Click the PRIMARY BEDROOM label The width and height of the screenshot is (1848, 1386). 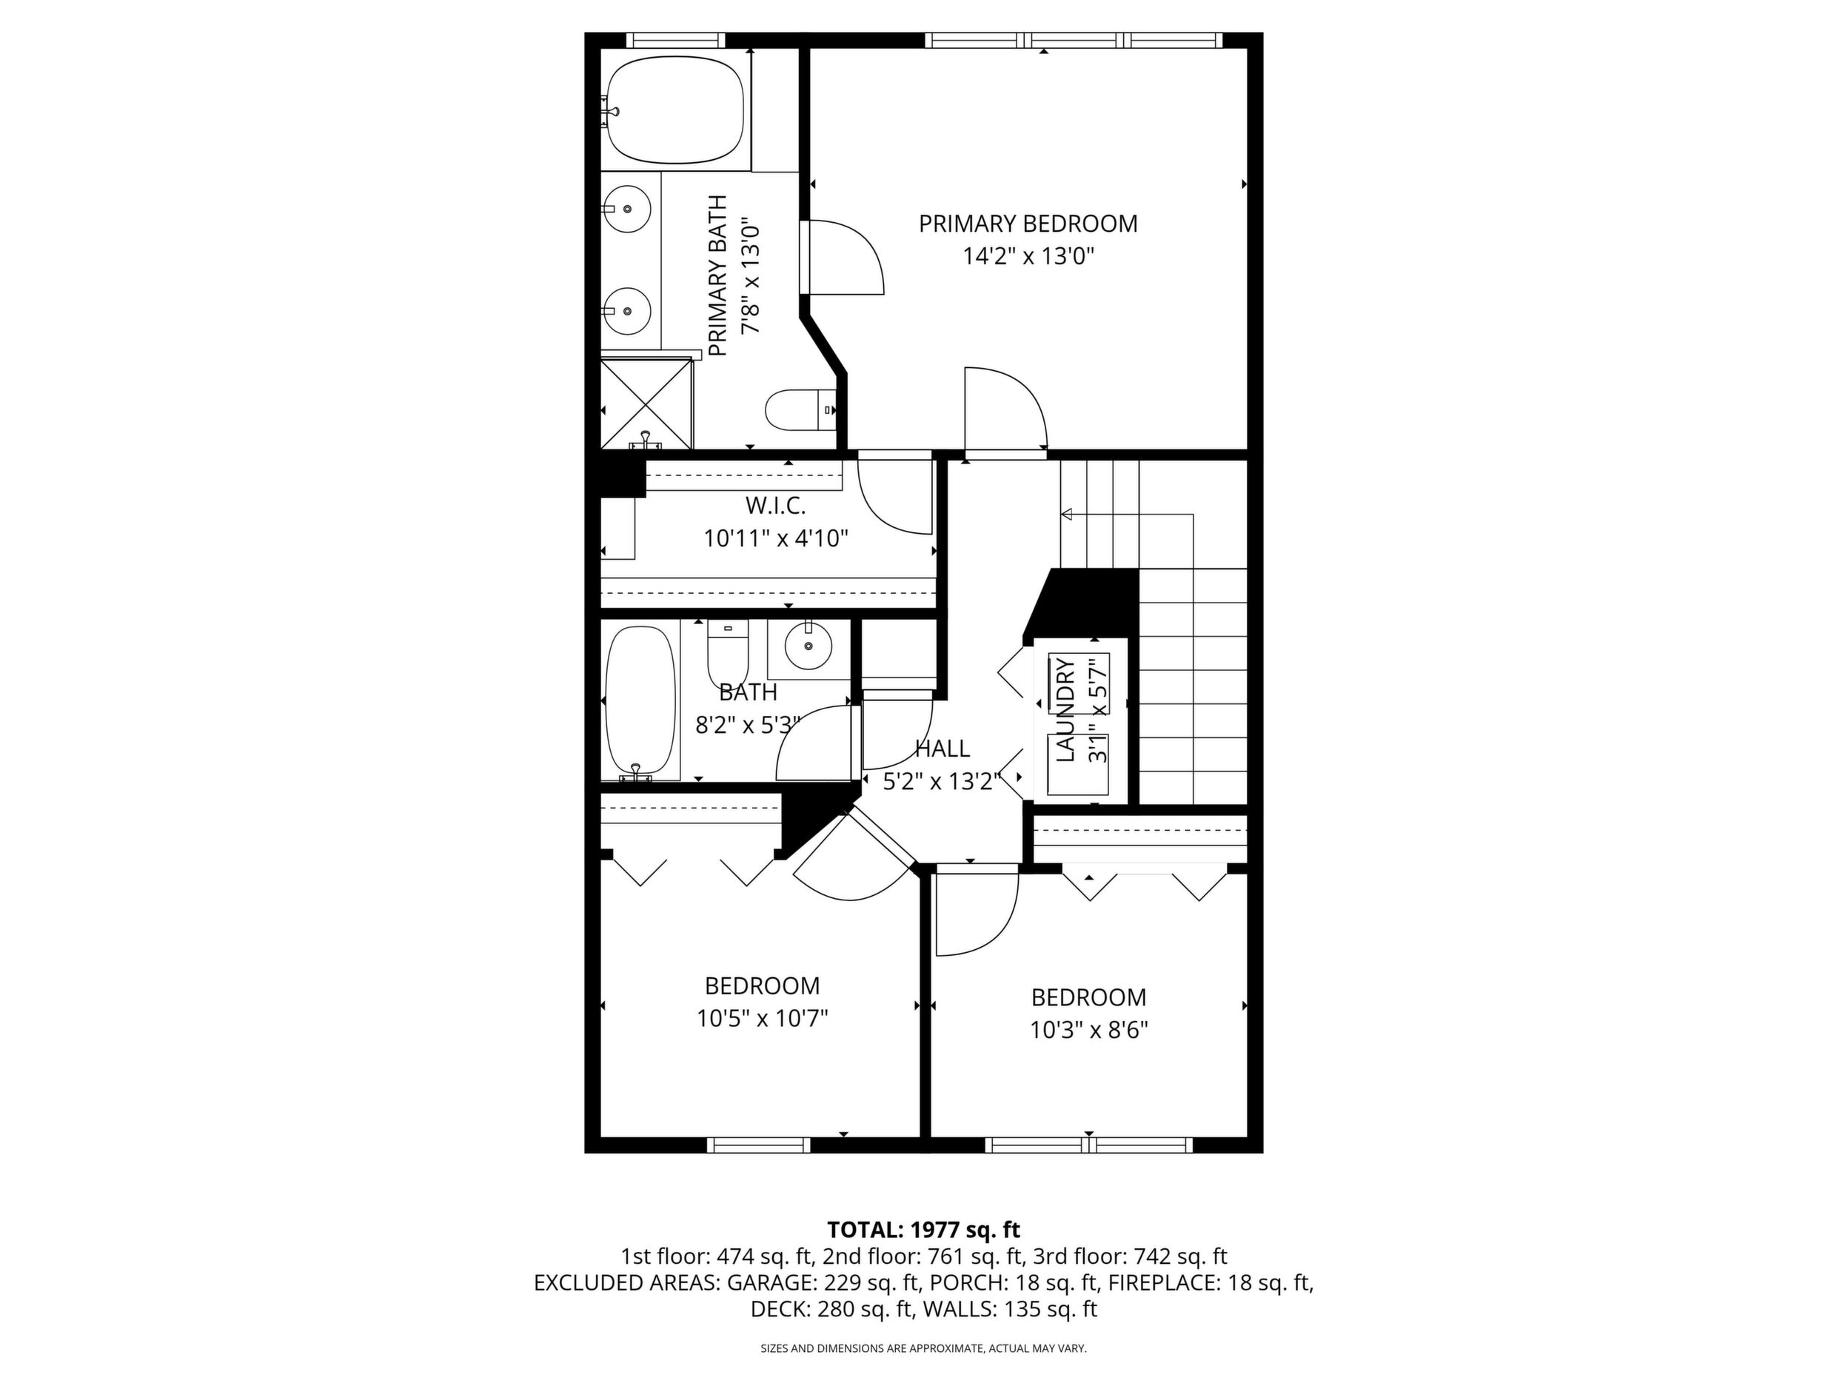[1028, 224]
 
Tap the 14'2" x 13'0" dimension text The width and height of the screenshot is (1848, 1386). [1028, 255]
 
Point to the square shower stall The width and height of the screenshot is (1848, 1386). [646, 404]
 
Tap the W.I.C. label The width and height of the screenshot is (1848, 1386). [775, 506]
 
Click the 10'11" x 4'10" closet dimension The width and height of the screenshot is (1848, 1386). [776, 538]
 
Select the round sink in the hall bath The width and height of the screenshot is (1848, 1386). [808, 646]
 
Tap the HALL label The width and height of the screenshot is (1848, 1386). [943, 749]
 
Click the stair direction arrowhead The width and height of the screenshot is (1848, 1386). [1066, 515]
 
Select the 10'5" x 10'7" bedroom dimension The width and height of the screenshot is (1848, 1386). [762, 1019]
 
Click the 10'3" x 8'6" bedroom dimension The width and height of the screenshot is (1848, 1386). [1088, 1030]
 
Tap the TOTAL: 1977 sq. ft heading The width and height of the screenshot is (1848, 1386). [923, 1230]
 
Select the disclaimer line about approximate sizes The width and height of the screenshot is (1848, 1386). [923, 1348]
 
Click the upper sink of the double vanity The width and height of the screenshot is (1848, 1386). [626, 209]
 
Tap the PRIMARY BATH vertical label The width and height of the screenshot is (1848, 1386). [717, 275]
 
